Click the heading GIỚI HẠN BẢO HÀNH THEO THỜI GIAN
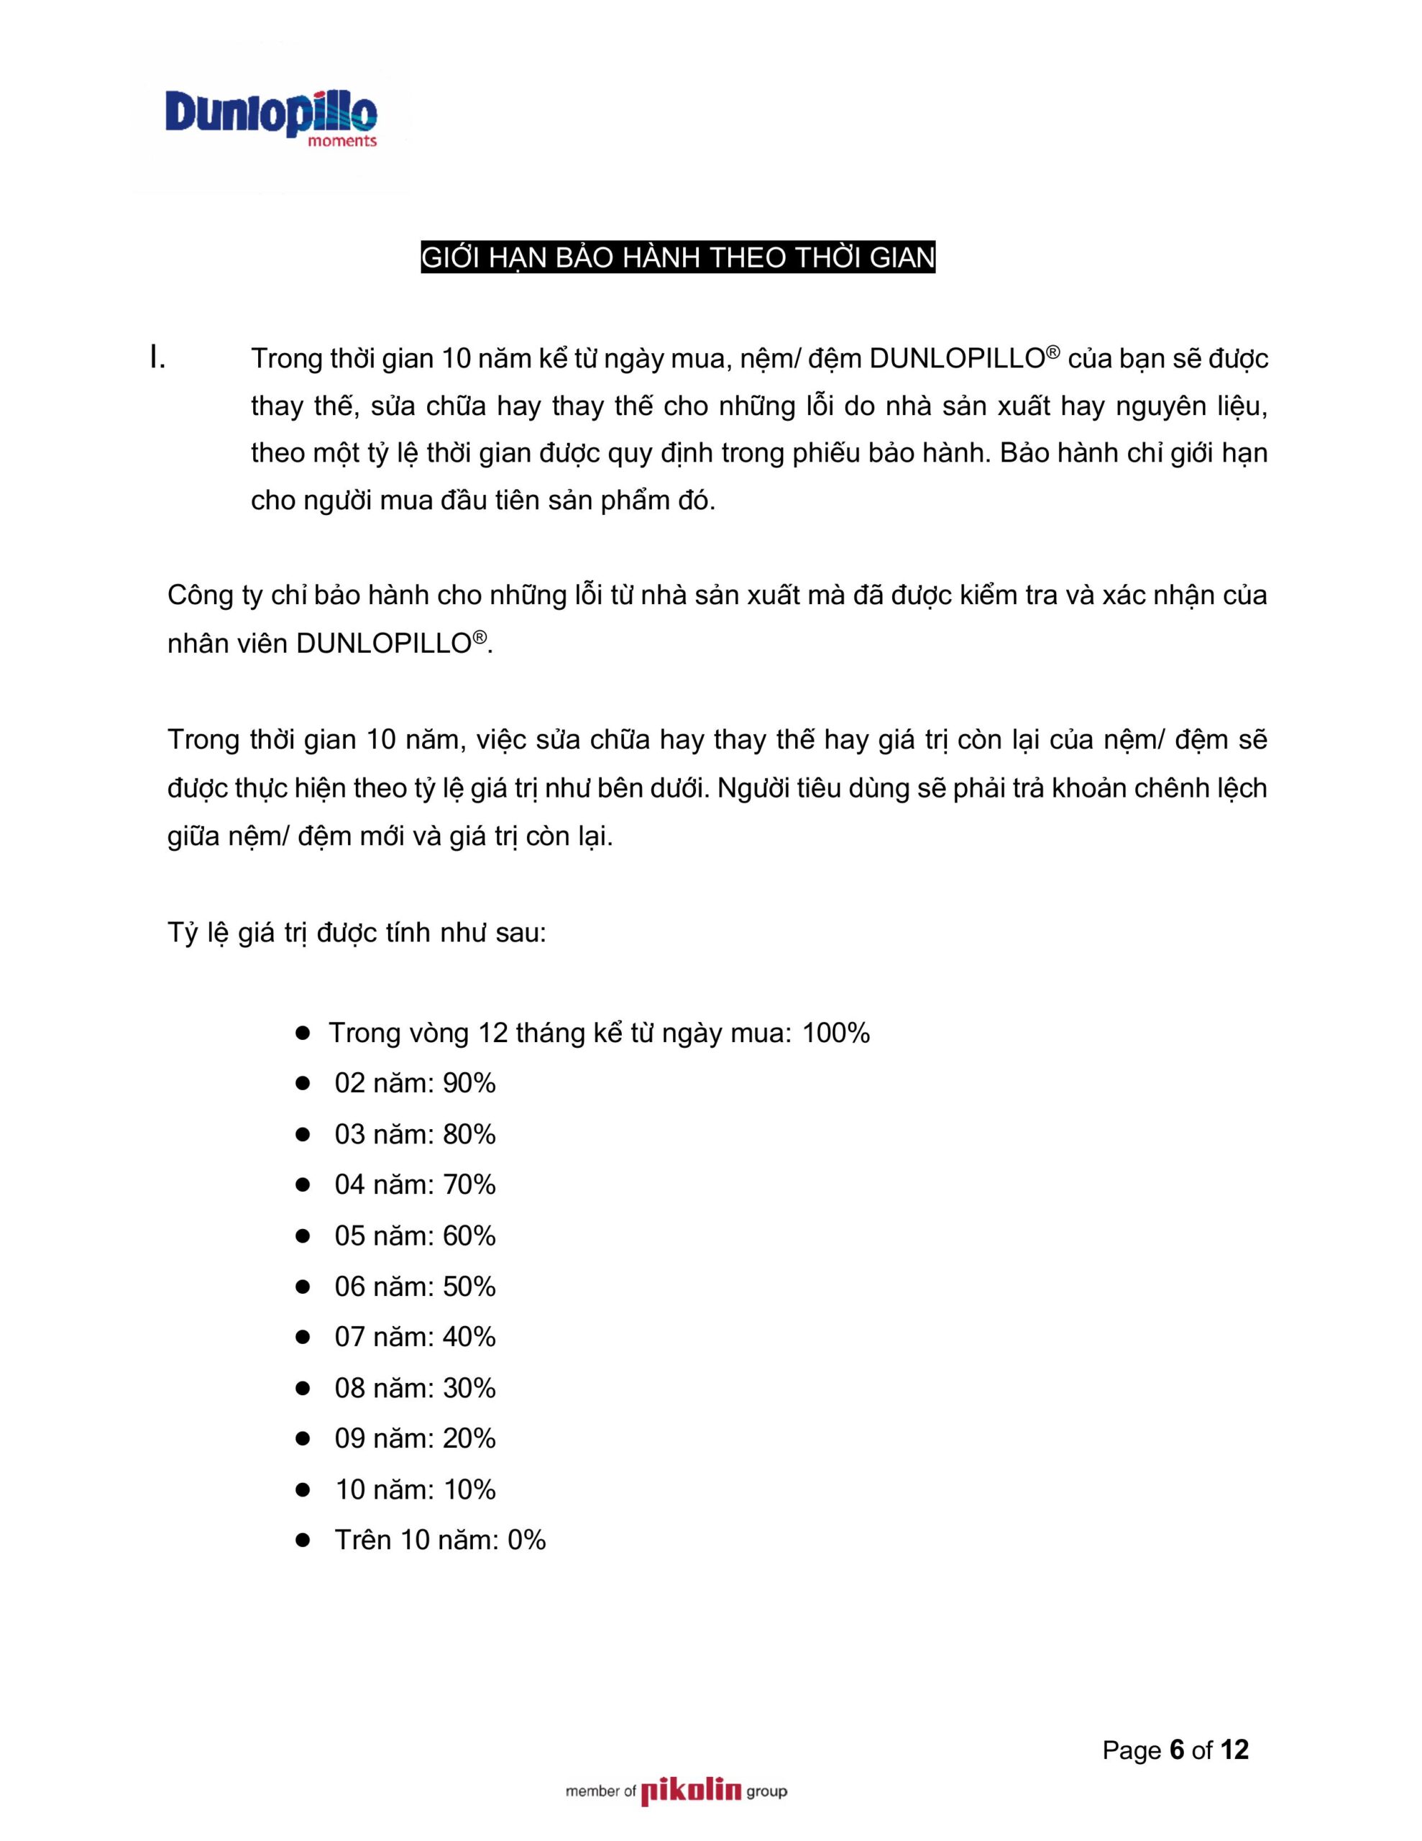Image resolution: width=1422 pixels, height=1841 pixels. click(x=678, y=257)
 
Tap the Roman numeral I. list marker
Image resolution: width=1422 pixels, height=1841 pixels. click(x=157, y=359)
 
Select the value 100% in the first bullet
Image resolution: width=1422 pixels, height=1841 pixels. click(x=835, y=1033)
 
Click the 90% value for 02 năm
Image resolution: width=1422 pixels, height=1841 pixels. click(x=469, y=1083)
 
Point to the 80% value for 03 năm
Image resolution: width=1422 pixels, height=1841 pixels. click(x=469, y=1135)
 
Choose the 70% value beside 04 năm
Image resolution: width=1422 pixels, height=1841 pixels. click(x=469, y=1185)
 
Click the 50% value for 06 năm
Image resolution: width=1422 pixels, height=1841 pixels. click(x=469, y=1287)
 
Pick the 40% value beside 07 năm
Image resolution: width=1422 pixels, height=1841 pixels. click(x=469, y=1338)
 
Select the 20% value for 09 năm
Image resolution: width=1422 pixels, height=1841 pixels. click(x=469, y=1439)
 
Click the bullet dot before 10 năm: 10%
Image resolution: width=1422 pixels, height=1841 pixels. click(x=303, y=1490)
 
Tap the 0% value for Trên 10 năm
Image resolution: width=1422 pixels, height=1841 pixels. click(x=526, y=1541)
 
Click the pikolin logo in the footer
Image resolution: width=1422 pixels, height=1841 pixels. click(x=690, y=1791)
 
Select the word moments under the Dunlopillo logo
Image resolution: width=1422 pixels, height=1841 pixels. click(x=342, y=142)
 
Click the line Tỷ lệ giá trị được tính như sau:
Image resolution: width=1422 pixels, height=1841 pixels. click(x=357, y=934)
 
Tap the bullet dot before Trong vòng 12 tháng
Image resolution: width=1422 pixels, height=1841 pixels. click(x=303, y=1033)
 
